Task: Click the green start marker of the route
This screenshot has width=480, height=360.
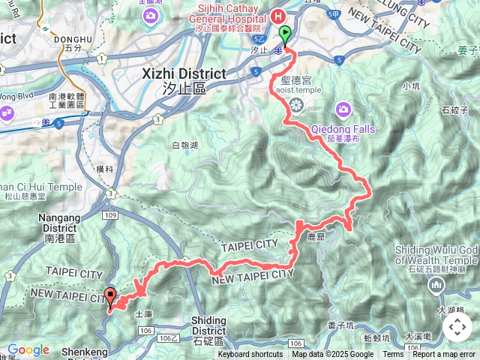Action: coord(286,34)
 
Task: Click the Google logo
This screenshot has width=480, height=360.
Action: coord(28,349)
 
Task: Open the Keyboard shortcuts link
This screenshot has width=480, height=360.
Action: coord(250,355)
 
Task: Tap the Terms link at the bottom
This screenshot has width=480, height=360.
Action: coord(393,355)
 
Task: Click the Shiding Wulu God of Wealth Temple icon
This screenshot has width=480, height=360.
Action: coord(436,285)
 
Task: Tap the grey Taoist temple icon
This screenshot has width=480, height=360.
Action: coord(297,103)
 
